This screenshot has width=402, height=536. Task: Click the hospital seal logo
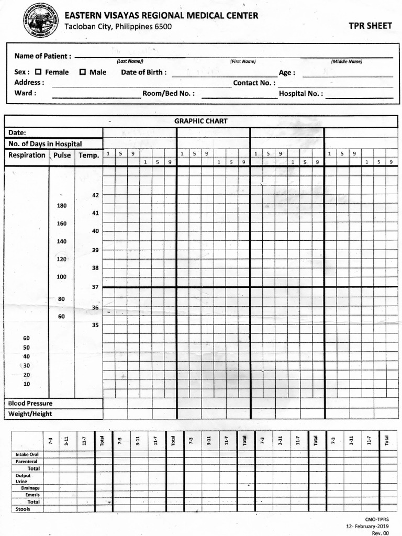40,20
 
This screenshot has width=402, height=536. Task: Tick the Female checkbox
38,72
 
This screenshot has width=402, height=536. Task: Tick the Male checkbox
82,72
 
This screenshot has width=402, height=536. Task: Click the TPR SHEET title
370,26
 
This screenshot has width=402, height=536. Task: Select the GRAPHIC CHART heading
200,121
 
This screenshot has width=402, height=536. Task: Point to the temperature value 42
95,195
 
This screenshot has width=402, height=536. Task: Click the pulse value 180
62,206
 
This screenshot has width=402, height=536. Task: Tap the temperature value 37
95,287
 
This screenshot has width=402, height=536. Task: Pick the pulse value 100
62,277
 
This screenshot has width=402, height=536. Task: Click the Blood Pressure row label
30,404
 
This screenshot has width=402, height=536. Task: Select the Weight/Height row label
30,414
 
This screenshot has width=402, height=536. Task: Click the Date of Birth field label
144,72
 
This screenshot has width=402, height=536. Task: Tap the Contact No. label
254,83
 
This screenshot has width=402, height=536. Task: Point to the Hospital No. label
300,94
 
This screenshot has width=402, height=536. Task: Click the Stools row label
23,509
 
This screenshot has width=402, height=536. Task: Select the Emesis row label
32,495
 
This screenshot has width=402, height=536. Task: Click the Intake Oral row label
27,454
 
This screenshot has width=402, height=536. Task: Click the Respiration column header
27,155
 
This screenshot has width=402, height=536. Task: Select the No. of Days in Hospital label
45,144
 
